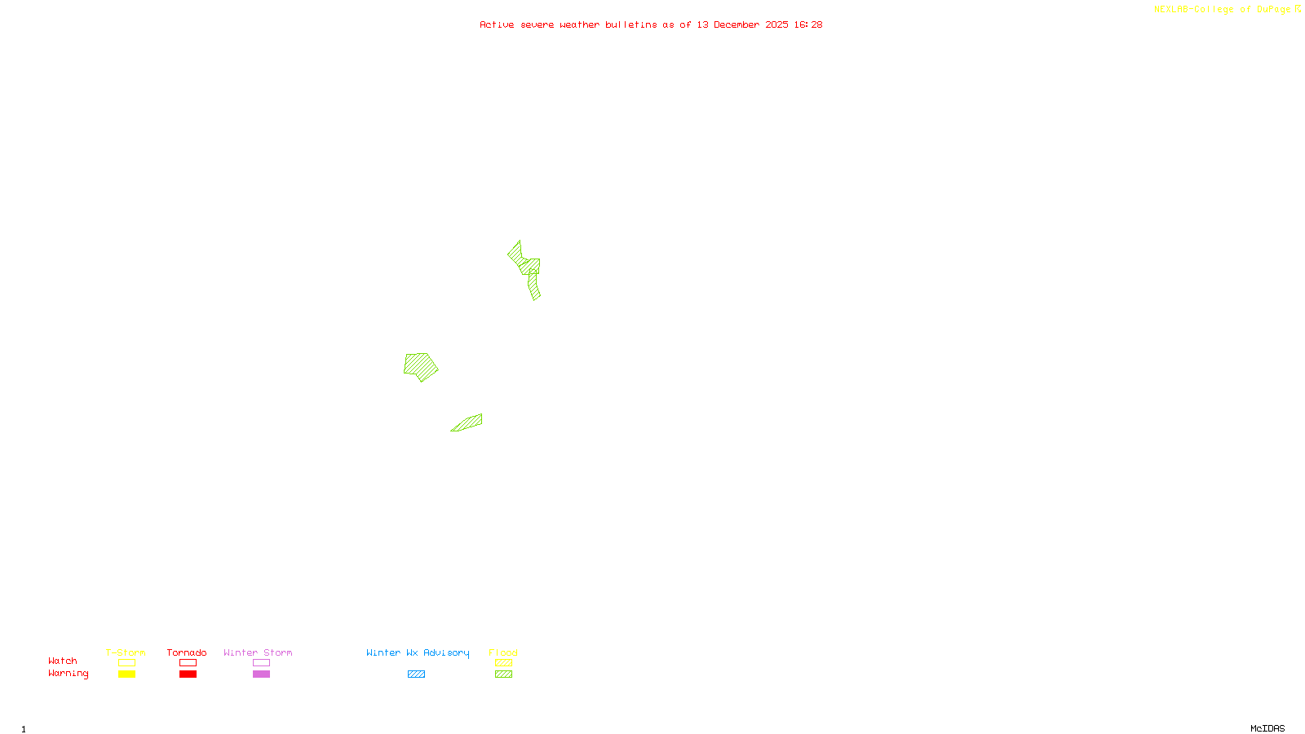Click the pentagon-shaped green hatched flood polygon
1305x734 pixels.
click(x=420, y=366)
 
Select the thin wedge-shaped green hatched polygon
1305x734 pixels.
click(x=468, y=422)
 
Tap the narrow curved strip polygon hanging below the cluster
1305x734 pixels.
click(x=533, y=285)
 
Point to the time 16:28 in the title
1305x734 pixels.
click(x=807, y=24)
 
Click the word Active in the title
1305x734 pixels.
click(x=497, y=24)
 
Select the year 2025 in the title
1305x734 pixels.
click(x=776, y=24)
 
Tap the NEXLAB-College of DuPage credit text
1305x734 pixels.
click(x=1222, y=9)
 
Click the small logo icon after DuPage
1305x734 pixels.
click(x=1298, y=9)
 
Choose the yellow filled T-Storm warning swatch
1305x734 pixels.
click(x=126, y=674)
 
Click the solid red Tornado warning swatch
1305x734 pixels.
click(x=188, y=674)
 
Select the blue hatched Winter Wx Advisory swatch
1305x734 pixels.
click(x=416, y=674)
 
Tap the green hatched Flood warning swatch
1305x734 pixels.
click(x=503, y=674)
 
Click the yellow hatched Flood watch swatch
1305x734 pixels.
click(x=503, y=663)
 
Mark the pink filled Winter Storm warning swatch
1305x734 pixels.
click(x=261, y=674)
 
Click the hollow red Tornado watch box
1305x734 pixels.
click(x=188, y=663)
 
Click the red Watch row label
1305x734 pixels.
click(x=63, y=661)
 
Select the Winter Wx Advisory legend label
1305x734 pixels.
click(x=418, y=652)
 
